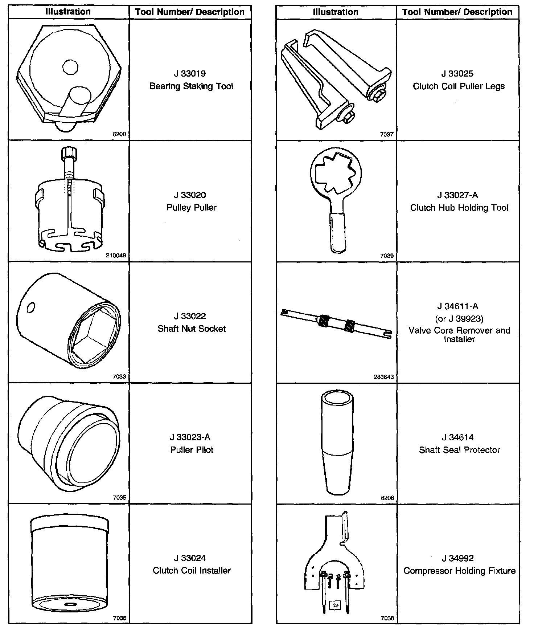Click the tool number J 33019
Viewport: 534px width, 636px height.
[190, 74]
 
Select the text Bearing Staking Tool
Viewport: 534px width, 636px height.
[191, 86]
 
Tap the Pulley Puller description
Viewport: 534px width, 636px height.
[192, 208]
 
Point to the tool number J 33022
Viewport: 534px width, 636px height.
[190, 316]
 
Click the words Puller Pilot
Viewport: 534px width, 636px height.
[192, 450]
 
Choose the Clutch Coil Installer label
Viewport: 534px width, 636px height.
[192, 571]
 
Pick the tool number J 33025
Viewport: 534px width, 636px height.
[457, 74]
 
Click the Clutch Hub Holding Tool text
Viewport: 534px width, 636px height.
[459, 208]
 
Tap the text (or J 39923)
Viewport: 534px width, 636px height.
[459, 319]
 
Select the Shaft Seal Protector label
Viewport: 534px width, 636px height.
[459, 450]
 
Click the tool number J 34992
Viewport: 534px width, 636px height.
[458, 558]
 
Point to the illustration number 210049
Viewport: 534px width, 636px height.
[116, 256]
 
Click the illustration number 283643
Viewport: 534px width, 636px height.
[383, 377]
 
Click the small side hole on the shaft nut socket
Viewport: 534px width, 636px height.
[31, 307]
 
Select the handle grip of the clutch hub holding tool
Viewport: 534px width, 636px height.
[338, 232]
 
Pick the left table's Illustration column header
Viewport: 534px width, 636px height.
[68, 12]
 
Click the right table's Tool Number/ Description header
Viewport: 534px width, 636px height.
[457, 12]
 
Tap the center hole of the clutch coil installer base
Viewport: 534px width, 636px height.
[69, 604]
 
